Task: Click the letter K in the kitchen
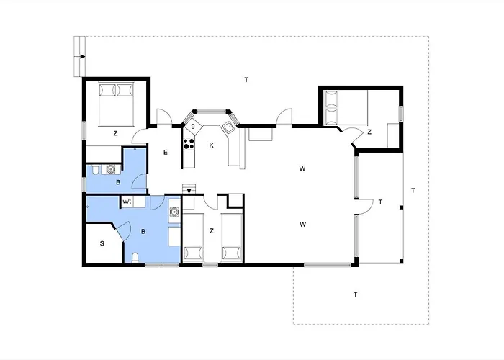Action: coord(211,145)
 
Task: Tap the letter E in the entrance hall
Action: coord(166,153)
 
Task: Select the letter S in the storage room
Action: coord(102,243)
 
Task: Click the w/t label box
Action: coord(127,202)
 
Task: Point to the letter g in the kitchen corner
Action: coord(193,126)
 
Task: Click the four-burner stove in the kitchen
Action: coord(189,144)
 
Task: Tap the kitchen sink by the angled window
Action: coord(229,127)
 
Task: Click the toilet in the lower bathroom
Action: coord(135,258)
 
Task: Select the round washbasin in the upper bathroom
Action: coord(111,169)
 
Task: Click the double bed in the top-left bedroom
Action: coord(116,104)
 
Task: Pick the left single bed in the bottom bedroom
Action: coord(193,237)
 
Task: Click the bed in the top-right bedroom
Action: coord(346,108)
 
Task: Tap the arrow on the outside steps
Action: coord(83,57)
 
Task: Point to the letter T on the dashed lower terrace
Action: coord(355,294)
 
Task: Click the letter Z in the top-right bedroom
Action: coord(369,132)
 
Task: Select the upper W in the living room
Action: coord(302,168)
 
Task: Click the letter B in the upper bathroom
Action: coord(118,183)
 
